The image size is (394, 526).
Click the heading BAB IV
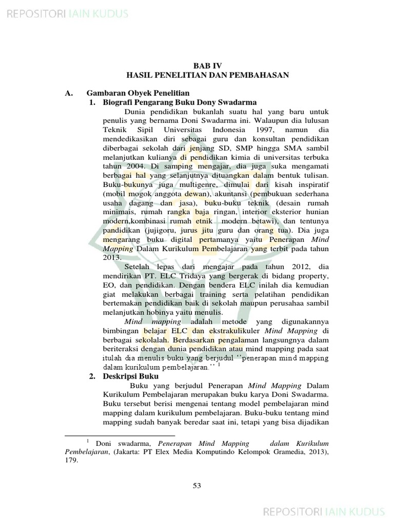tap(208, 66)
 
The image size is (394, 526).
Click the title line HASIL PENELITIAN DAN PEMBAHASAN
tap(208, 75)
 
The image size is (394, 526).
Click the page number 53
tap(196, 486)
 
